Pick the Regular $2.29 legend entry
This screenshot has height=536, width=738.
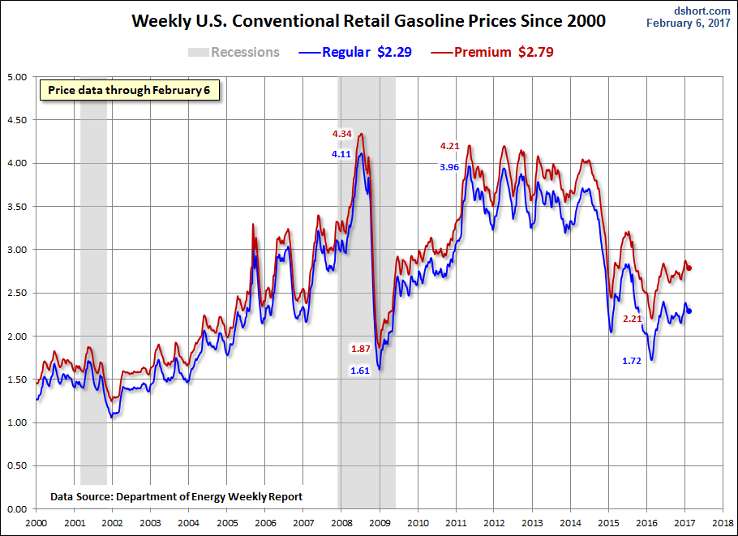point(358,52)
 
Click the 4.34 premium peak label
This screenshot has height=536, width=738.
point(341,134)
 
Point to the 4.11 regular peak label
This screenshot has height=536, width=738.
point(341,153)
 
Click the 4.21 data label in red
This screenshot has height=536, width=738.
point(450,146)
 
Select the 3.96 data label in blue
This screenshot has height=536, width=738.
point(449,166)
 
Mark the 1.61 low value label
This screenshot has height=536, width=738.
point(360,370)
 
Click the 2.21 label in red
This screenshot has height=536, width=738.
point(633,319)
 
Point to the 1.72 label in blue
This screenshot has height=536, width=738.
point(632,360)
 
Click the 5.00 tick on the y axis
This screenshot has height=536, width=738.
point(17,77)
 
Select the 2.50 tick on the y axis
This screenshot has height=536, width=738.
point(17,293)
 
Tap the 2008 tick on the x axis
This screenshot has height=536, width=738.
point(341,523)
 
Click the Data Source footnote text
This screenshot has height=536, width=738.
point(177,496)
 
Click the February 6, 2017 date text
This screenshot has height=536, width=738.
point(691,23)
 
